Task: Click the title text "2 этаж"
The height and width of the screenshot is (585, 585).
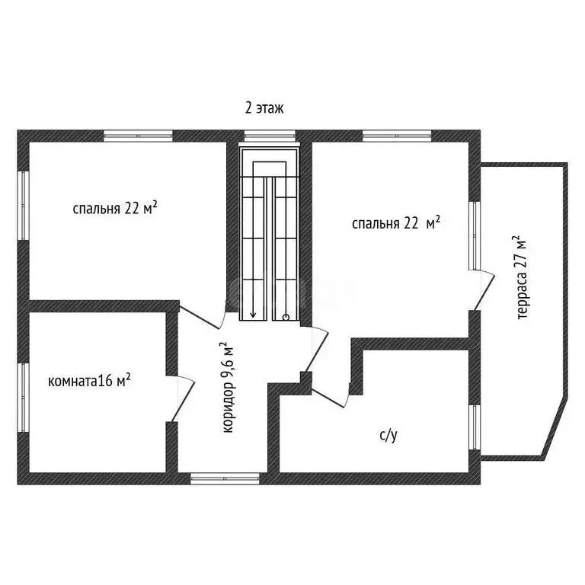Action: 264,108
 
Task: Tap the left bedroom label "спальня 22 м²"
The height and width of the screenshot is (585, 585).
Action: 115,208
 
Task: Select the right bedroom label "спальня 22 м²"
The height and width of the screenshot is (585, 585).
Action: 396,222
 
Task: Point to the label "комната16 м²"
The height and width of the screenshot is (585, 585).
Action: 88,380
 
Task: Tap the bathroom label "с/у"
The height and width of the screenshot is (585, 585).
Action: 388,436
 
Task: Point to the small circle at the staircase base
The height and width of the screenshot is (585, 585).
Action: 285,316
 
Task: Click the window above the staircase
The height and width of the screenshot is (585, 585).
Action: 269,136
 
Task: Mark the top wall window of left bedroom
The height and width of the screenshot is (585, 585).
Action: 138,136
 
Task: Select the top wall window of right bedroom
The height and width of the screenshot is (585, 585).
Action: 397,136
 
